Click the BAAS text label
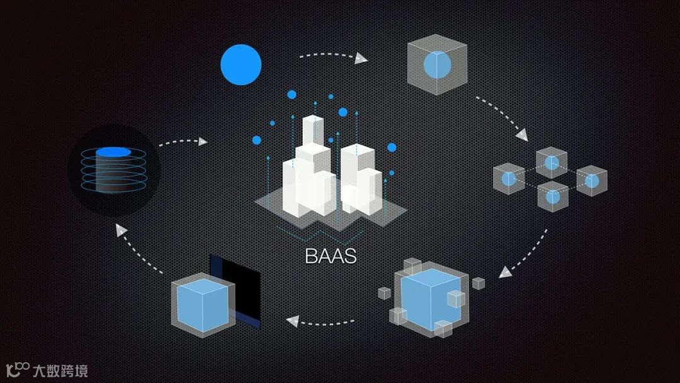[x=331, y=256]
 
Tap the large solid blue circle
[x=241, y=64]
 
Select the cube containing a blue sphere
[x=436, y=65]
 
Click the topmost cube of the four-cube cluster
[x=552, y=163]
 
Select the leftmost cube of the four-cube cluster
[x=509, y=179]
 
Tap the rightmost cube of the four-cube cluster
[x=591, y=181]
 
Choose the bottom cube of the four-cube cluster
[x=552, y=196]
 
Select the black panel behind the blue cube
[x=242, y=283]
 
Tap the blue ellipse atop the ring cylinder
[x=113, y=152]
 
